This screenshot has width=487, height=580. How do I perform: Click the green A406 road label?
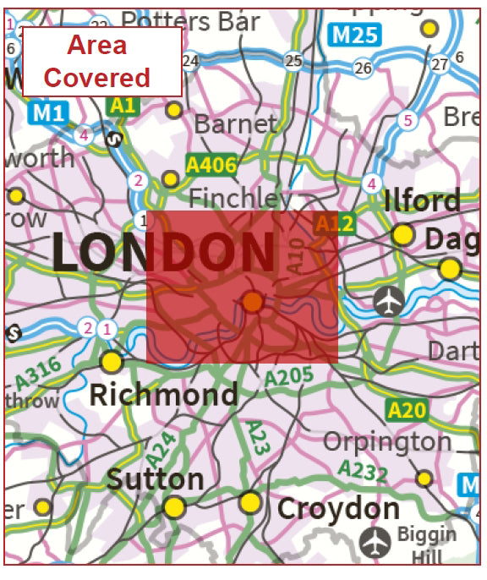211,164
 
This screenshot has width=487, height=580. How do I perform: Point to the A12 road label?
335,224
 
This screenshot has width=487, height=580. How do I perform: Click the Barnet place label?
235,124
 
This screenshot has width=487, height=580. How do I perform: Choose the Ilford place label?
422,201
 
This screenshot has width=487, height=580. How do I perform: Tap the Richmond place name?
163,394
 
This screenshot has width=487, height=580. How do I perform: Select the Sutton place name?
155,479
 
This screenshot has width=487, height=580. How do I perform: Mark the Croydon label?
338,509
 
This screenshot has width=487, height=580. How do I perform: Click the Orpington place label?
388,441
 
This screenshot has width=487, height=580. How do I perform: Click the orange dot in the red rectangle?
253,301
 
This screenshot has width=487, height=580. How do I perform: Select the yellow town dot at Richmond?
112,362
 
